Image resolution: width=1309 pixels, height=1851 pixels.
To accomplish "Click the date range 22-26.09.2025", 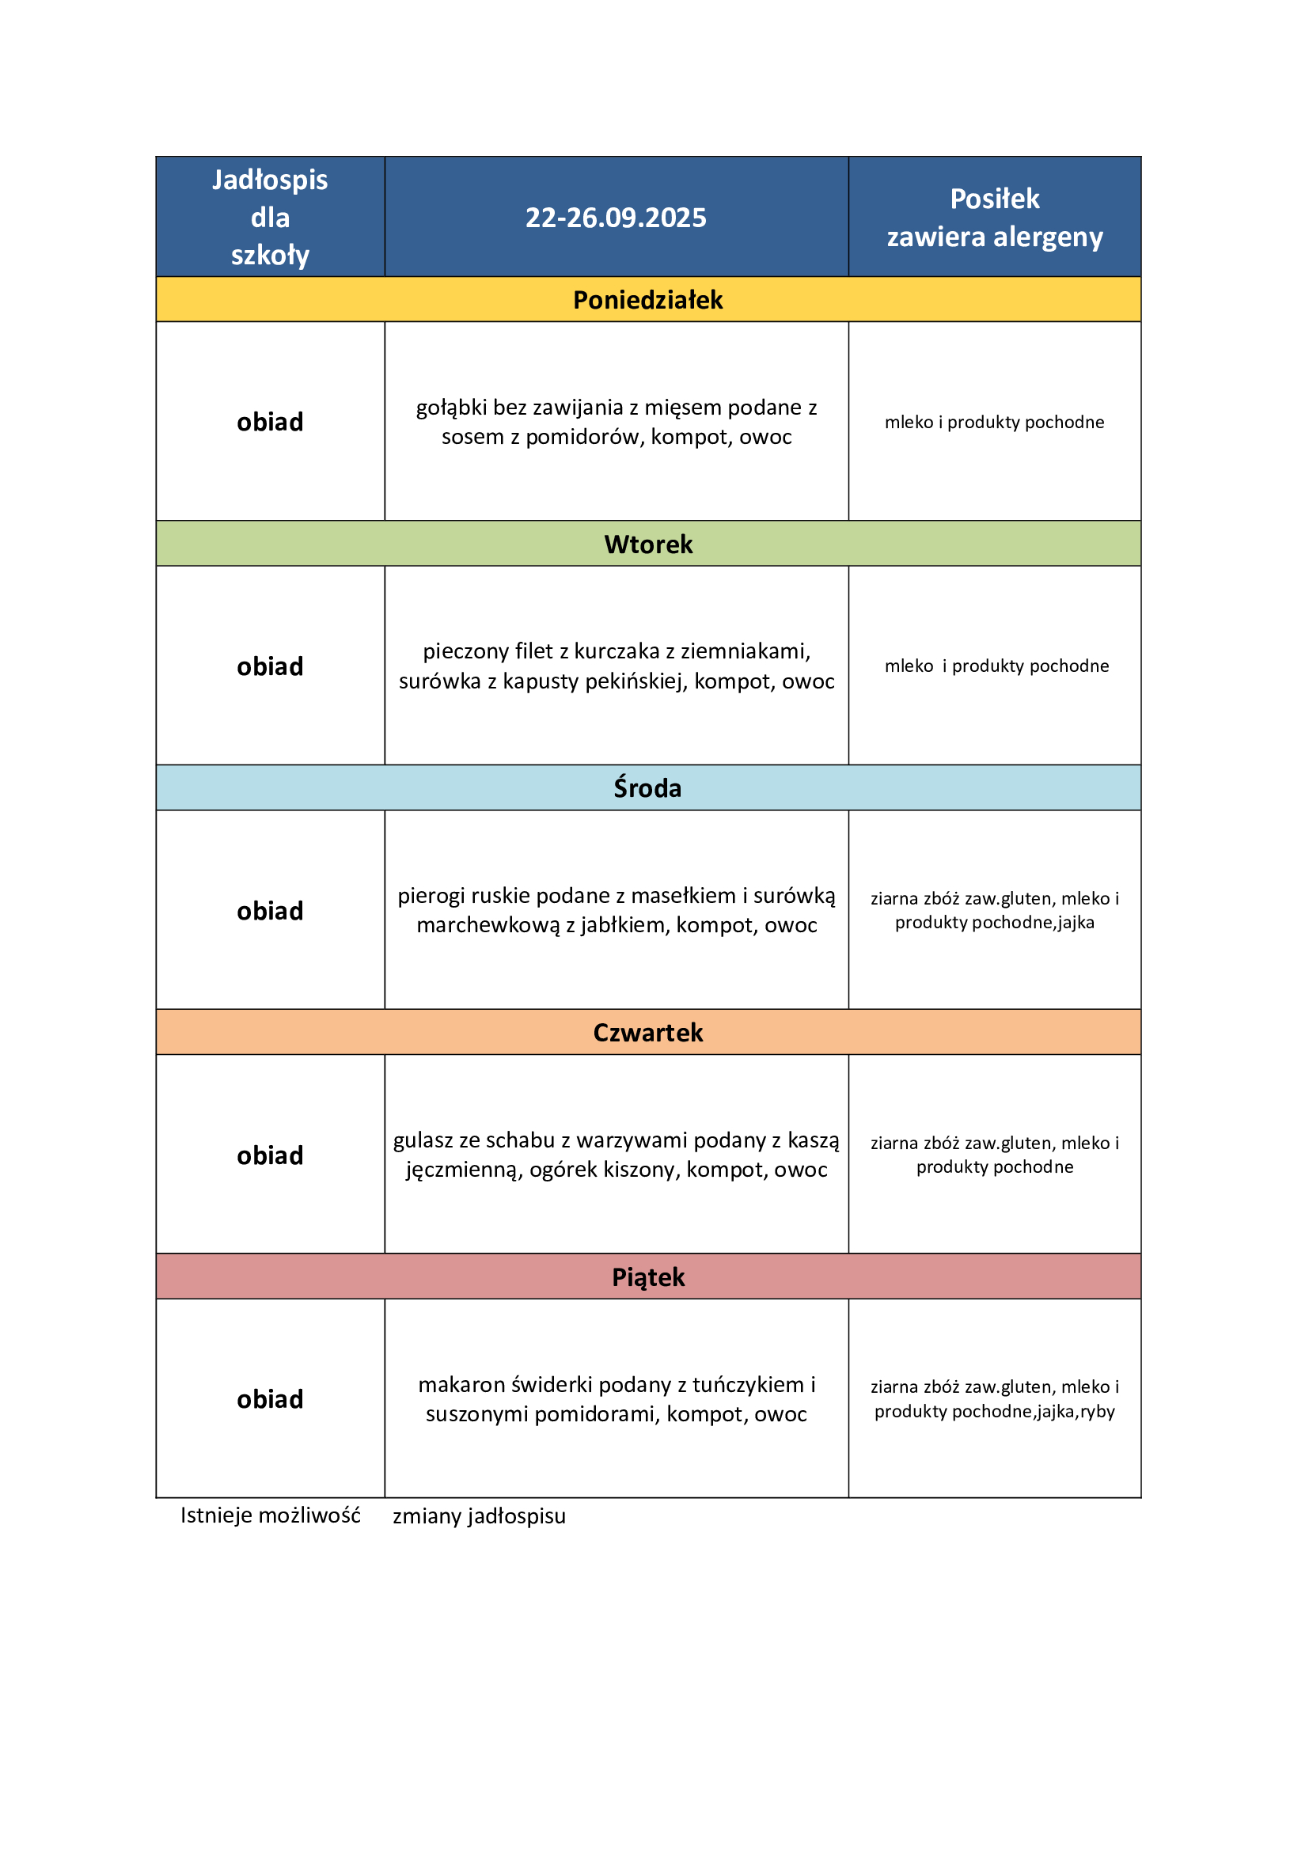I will tap(616, 218).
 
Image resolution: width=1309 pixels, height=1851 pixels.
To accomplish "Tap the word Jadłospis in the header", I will tap(270, 180).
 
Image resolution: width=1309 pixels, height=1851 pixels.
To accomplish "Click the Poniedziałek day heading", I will tap(648, 300).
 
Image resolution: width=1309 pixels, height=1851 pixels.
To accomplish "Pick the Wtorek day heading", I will tap(648, 544).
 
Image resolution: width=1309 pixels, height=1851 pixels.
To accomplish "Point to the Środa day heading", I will tap(648, 787).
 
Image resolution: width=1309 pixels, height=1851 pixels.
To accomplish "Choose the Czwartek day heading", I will tap(648, 1033).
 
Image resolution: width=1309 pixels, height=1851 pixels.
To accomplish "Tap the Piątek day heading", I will tap(648, 1277).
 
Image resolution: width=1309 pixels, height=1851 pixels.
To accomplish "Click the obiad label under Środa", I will tap(270, 911).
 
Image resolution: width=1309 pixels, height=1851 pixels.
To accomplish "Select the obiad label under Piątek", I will tap(270, 1400).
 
